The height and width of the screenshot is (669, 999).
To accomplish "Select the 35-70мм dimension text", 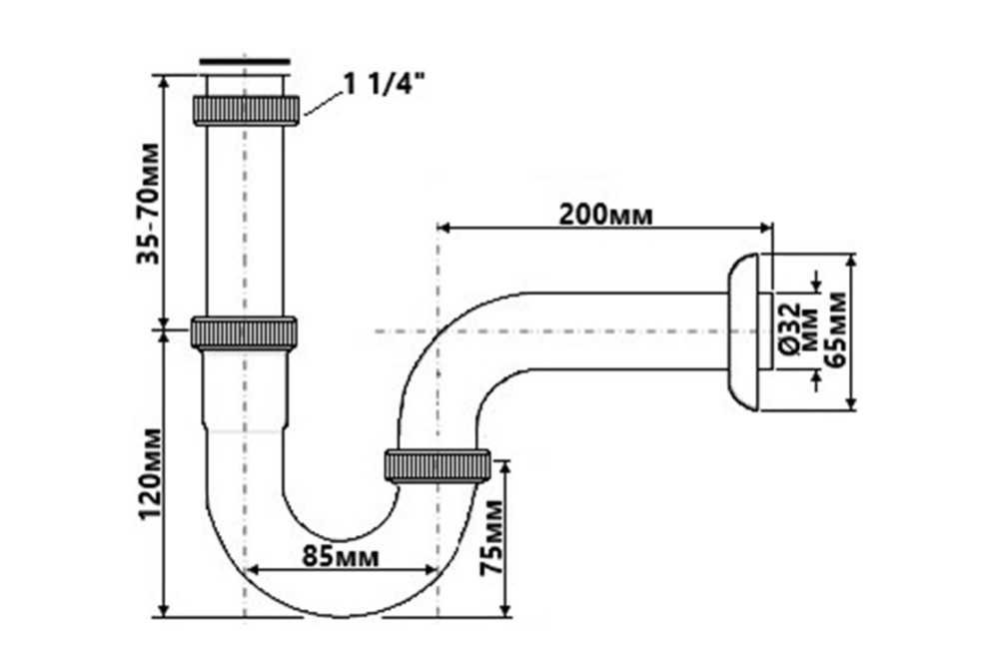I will [149, 204].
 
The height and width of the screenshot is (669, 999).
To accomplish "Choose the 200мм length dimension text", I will [607, 214].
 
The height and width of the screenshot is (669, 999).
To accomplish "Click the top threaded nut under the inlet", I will [246, 110].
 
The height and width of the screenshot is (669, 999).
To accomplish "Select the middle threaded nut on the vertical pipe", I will [244, 332].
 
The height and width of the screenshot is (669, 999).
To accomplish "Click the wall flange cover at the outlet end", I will [743, 332].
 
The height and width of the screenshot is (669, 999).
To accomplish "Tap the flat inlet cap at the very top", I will [245, 64].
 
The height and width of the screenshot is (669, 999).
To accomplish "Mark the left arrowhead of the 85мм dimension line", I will [251, 571].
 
